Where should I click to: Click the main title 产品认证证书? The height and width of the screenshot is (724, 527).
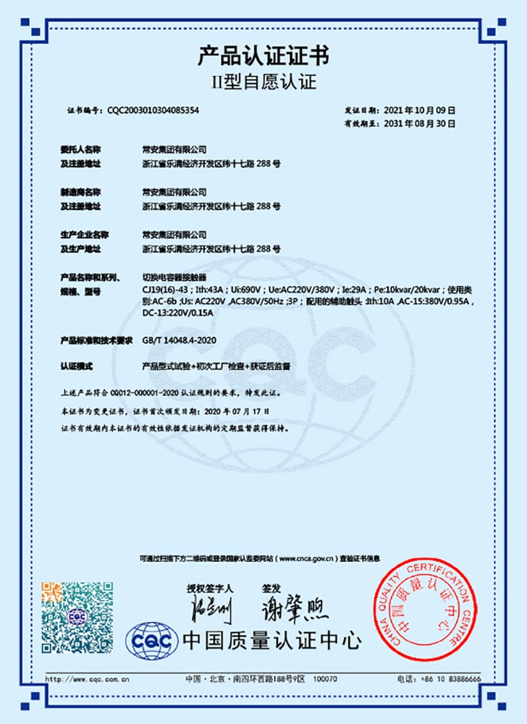(263, 55)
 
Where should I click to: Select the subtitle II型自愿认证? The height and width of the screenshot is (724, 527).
(263, 81)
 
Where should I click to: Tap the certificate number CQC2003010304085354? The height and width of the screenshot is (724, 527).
(153, 110)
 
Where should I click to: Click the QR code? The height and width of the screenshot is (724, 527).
(77, 616)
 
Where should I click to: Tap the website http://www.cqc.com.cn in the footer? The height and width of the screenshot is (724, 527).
(87, 679)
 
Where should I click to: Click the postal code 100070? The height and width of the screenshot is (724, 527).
(325, 679)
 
